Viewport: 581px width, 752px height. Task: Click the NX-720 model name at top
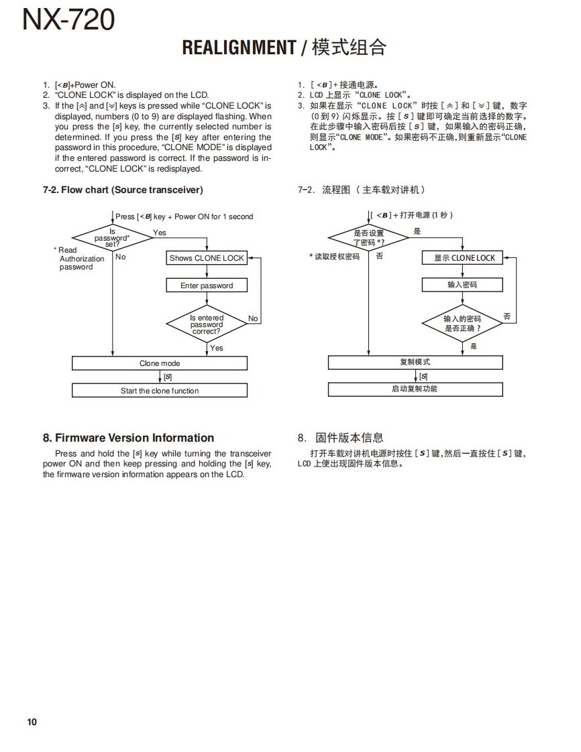(68, 20)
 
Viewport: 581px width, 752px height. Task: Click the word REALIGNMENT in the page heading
(239, 48)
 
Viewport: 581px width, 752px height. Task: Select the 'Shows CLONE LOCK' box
(207, 258)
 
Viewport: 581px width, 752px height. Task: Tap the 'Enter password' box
(207, 286)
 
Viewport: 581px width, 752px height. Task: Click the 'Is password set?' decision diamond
(112, 238)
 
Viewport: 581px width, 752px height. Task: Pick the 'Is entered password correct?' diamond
(207, 324)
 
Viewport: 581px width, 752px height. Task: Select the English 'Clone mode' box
(160, 363)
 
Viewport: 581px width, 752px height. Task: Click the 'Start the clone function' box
(160, 391)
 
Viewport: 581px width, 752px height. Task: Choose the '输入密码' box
(462, 285)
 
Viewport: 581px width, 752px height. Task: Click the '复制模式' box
(415, 362)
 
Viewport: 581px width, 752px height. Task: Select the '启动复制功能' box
(415, 389)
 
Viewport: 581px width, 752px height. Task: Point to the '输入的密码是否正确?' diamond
(462, 324)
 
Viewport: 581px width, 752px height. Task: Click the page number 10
(32, 722)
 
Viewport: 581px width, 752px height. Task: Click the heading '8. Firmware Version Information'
(128, 438)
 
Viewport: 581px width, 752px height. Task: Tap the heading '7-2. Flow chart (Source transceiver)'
(123, 190)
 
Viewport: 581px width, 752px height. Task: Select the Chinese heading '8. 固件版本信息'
(340, 438)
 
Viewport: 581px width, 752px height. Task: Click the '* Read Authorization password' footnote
(78, 259)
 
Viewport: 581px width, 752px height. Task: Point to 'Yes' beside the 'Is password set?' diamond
(159, 233)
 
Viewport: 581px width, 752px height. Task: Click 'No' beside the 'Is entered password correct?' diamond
(253, 318)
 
